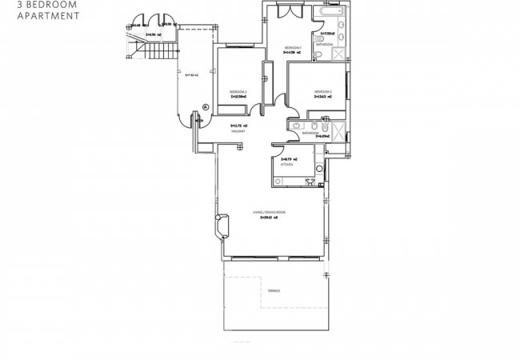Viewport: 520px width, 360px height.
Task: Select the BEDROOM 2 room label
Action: click(x=237, y=93)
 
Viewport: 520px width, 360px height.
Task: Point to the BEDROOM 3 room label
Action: click(x=322, y=90)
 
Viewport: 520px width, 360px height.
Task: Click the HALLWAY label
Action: click(x=237, y=131)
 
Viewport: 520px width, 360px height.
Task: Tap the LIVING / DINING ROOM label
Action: click(x=268, y=211)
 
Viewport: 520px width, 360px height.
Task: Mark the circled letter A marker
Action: click(x=206, y=106)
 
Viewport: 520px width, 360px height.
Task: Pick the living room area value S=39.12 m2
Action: click(x=270, y=216)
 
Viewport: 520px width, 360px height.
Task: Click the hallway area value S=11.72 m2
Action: click(x=237, y=126)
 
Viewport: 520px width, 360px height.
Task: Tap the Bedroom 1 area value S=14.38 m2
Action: click(x=294, y=53)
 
